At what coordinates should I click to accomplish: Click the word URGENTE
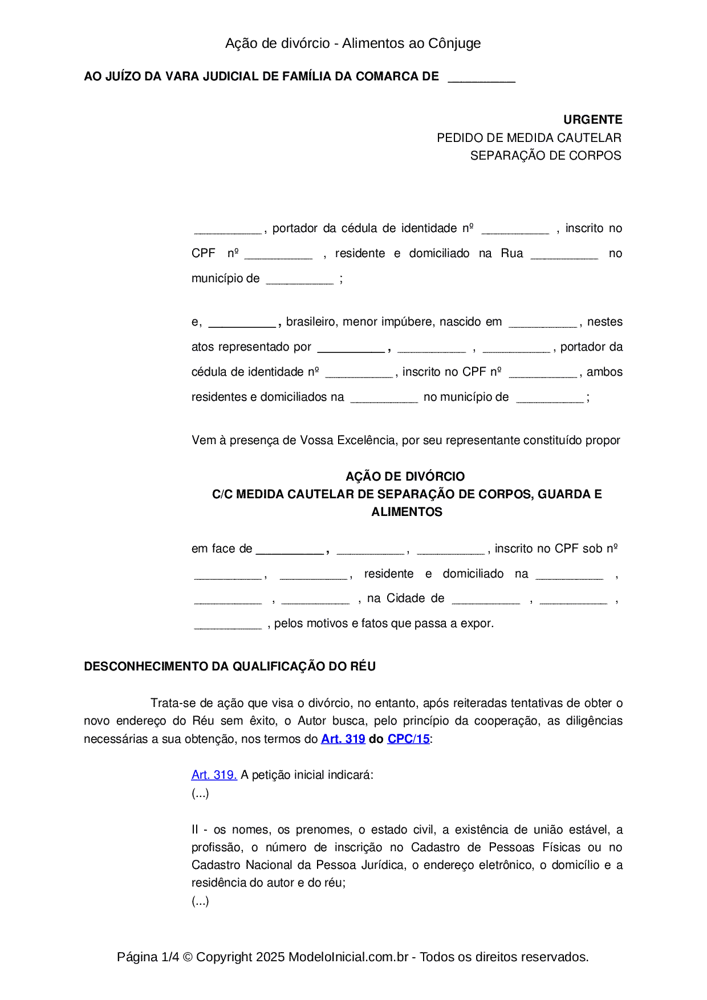click(x=592, y=120)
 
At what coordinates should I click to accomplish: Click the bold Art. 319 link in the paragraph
click(x=343, y=739)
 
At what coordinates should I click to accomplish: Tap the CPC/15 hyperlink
click(x=408, y=739)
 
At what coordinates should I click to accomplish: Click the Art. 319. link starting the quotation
click(x=214, y=775)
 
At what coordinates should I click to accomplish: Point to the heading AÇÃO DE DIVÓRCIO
click(x=405, y=476)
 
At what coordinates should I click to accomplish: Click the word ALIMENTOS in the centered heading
click(x=407, y=512)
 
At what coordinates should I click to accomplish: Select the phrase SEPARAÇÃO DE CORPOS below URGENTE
click(x=546, y=156)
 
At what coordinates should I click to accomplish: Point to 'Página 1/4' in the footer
click(x=148, y=957)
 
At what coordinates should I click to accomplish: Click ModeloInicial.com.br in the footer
click(x=348, y=957)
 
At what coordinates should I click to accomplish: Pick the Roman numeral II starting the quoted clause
click(x=195, y=830)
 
